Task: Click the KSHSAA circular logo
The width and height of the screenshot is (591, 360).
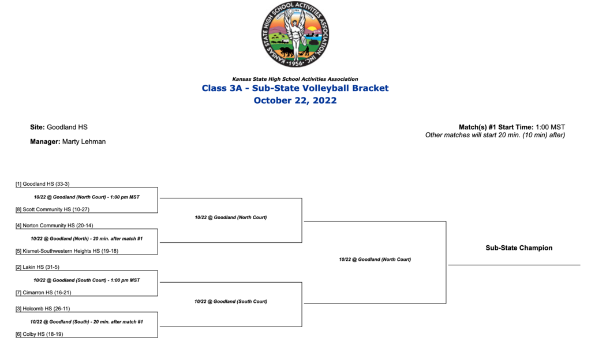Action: point(295,35)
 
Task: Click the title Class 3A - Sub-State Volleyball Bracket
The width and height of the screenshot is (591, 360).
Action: point(295,88)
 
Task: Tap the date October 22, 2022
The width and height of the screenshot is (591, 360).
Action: point(295,100)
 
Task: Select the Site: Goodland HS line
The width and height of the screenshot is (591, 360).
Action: point(59,127)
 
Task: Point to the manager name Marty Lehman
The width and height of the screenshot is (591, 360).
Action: point(84,141)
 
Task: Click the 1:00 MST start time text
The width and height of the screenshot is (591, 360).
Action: point(550,127)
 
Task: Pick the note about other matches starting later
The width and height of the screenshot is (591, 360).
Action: point(495,135)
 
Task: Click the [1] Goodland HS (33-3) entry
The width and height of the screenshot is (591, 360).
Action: point(43,184)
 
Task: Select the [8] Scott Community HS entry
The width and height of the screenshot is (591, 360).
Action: point(53,209)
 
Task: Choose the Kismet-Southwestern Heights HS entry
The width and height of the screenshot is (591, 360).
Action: point(67,251)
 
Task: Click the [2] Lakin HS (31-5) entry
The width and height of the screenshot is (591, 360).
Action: point(38,267)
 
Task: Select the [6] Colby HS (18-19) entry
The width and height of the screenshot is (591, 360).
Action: point(39,334)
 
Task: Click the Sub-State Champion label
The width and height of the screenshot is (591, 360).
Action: point(519,248)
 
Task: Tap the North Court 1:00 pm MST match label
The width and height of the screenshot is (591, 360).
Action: point(87,197)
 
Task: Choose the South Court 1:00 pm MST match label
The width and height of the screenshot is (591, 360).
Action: point(87,280)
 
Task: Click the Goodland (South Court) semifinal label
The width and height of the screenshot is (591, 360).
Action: point(231,301)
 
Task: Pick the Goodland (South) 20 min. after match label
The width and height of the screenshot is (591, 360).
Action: point(87,321)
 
